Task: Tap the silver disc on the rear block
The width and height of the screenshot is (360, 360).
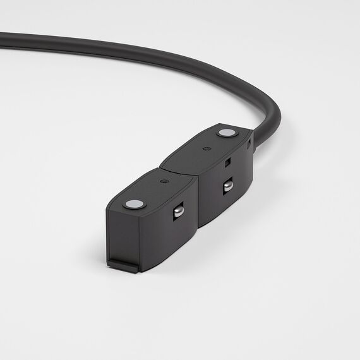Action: click(224, 133)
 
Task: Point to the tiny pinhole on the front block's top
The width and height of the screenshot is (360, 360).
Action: click(164, 181)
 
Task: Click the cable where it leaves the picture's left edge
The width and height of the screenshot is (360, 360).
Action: click(3, 40)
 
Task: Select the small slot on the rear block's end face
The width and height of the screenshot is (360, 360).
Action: click(248, 144)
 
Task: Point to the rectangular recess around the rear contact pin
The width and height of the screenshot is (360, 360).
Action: click(227, 187)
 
